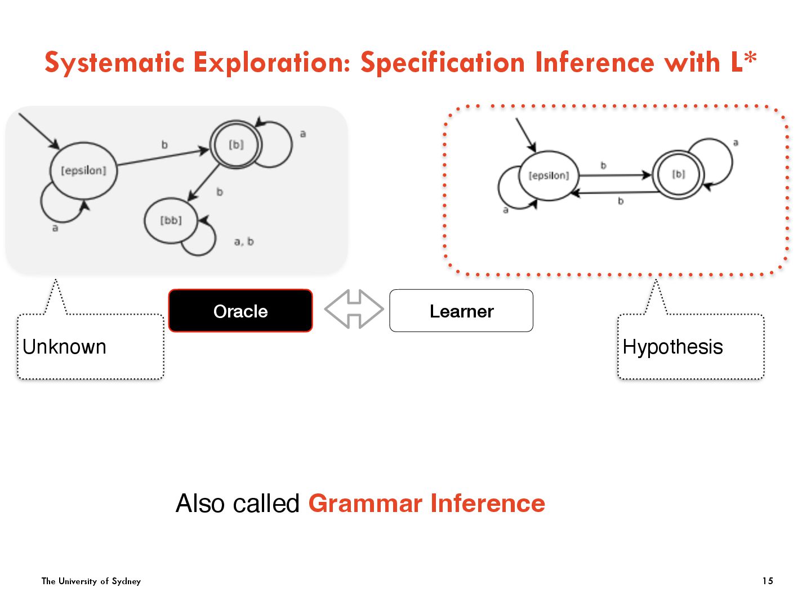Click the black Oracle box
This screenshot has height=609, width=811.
pos(240,311)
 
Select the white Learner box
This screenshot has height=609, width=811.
pos(461,311)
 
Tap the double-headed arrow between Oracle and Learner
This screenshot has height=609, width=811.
pos(354,309)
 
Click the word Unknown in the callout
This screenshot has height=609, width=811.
pos(64,347)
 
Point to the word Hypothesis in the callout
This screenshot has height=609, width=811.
pos(672,347)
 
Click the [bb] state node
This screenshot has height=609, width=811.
pos(171,220)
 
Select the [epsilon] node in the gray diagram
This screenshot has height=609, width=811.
pos(83,170)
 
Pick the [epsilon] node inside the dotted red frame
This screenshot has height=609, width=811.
pos(549,175)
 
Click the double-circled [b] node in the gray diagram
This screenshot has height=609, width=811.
pos(236,145)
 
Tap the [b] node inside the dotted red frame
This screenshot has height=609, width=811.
pos(679,174)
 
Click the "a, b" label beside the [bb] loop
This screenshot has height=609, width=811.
pos(244,242)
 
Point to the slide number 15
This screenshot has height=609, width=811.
pos(768,581)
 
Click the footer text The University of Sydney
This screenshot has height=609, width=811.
pos(91,581)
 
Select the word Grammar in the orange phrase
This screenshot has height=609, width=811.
pos(365,503)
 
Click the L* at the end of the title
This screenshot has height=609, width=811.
pos(743,62)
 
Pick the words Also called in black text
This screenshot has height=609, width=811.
pos(238,503)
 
